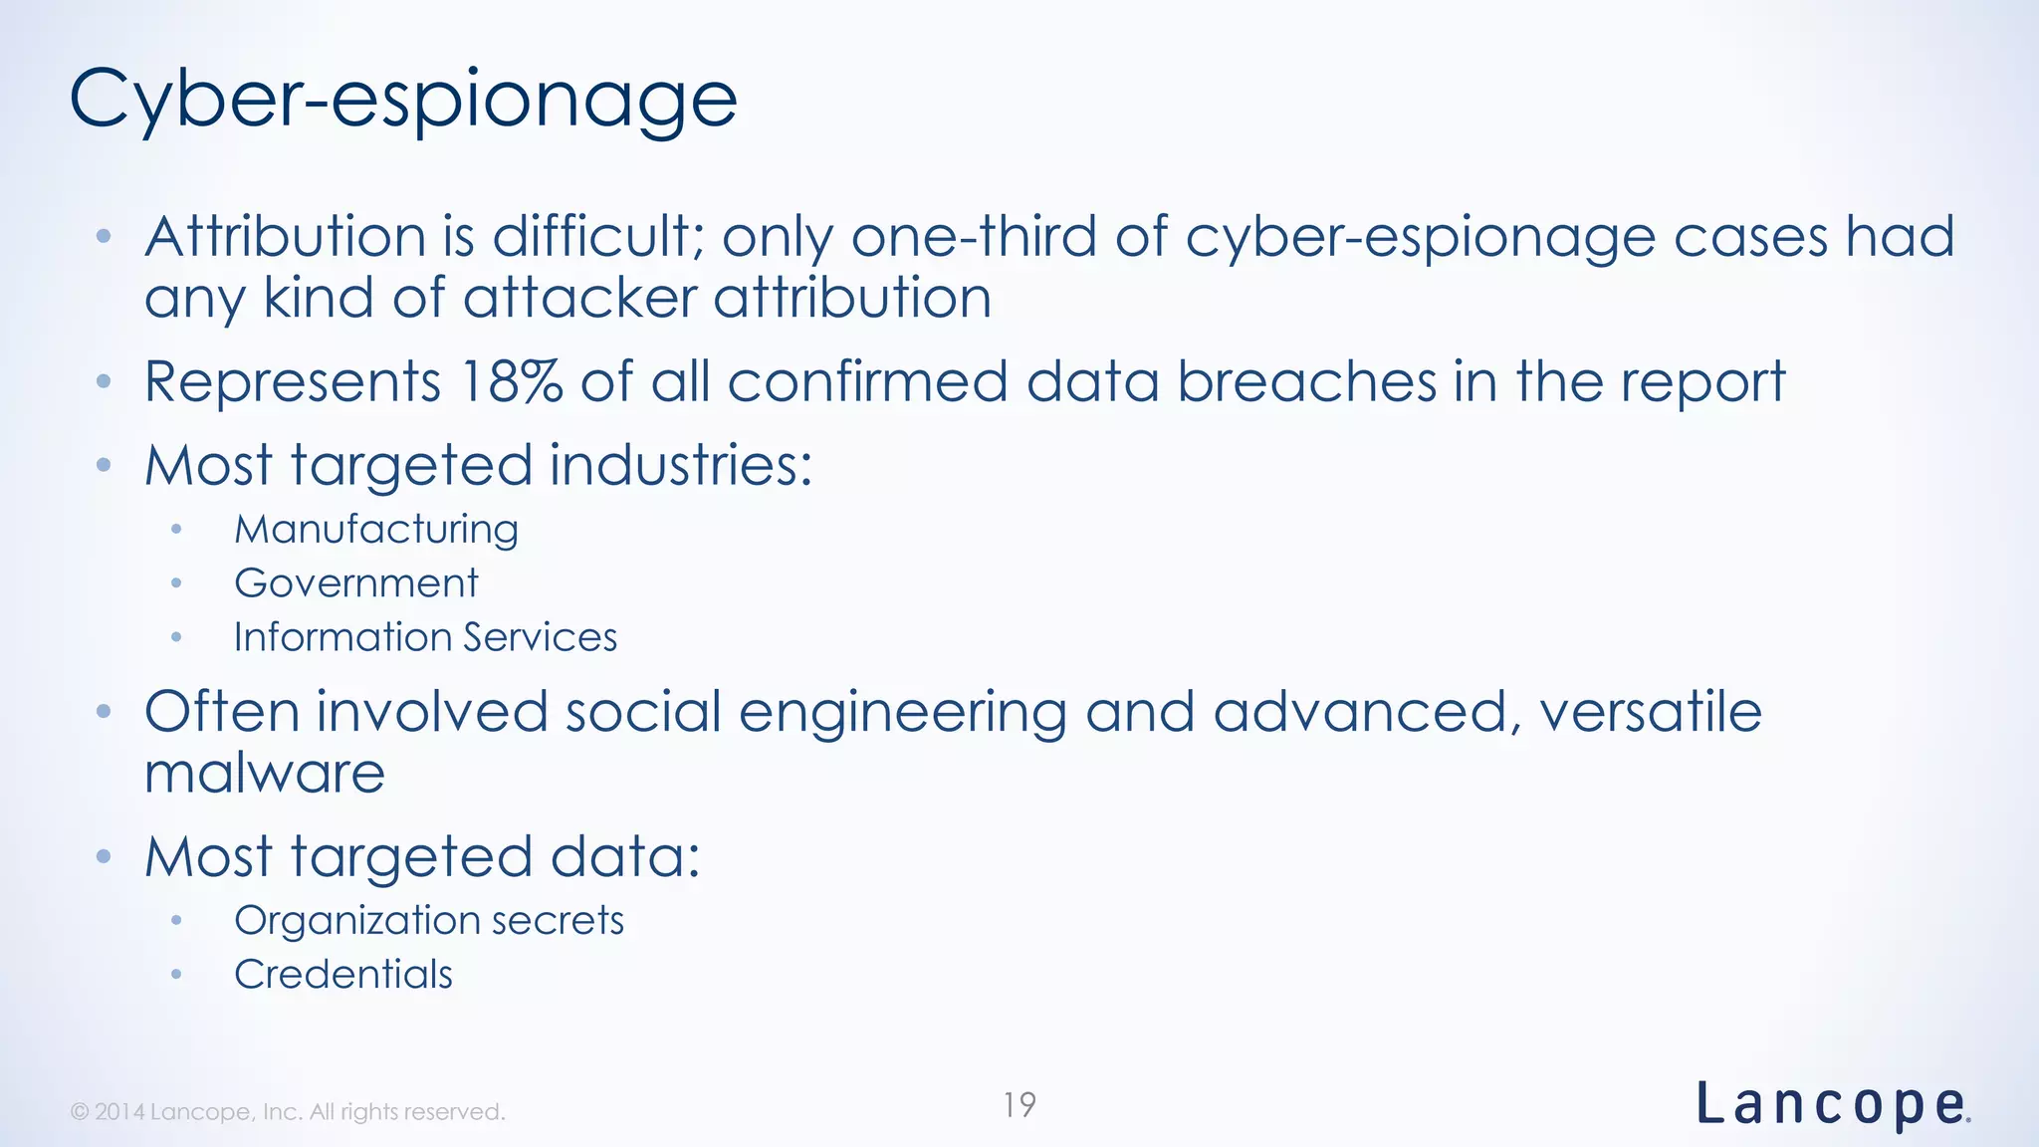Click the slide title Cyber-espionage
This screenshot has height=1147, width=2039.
tap(403, 100)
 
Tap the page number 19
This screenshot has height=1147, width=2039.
tap(1019, 1105)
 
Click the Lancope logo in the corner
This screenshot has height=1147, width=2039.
tap(1832, 1105)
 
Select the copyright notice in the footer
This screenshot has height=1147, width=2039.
tap(288, 1112)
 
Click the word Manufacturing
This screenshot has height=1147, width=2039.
tap(376, 530)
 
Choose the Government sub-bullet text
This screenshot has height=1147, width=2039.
tap(356, 583)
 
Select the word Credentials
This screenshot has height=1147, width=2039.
tap(343, 974)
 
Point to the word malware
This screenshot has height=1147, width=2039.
tap(265, 774)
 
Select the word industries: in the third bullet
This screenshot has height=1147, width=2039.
tap(681, 466)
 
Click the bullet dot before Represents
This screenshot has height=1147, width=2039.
tap(104, 382)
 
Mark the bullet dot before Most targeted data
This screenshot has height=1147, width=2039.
tap(104, 857)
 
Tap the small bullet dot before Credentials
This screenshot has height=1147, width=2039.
tap(176, 975)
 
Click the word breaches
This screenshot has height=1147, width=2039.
tap(1306, 382)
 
